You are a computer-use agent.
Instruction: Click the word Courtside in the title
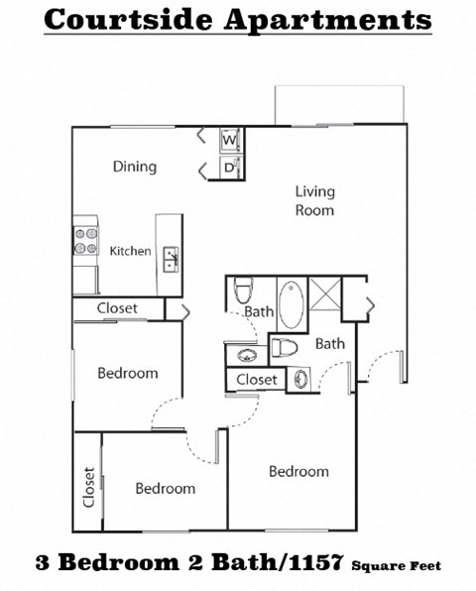(x=126, y=19)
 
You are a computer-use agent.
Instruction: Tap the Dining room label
(x=134, y=167)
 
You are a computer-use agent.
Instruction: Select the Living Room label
(x=314, y=200)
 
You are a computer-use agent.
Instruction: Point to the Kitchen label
(x=130, y=251)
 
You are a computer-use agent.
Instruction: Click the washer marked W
(x=227, y=140)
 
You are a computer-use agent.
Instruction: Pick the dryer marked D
(x=227, y=169)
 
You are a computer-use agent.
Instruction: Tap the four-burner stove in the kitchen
(x=84, y=241)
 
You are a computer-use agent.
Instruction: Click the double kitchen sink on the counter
(x=170, y=259)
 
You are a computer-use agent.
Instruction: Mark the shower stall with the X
(x=323, y=295)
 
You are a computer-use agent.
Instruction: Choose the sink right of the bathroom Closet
(x=300, y=379)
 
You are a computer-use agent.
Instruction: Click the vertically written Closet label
(x=88, y=487)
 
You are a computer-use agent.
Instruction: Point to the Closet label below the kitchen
(x=117, y=308)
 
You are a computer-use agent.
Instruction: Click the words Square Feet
(x=396, y=566)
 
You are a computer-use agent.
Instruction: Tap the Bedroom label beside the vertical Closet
(x=165, y=488)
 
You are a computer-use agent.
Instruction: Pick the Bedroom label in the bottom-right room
(x=298, y=471)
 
